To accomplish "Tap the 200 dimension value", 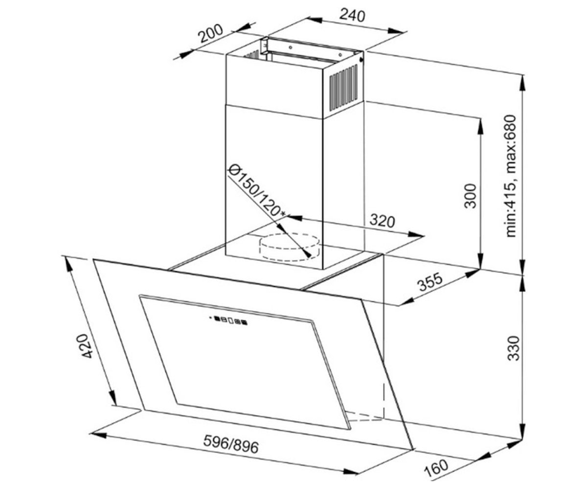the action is point(210,33).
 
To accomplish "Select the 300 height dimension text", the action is point(470,196).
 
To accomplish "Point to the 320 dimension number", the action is point(382,221).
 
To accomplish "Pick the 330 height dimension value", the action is point(514,348).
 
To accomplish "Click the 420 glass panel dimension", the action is point(87,346).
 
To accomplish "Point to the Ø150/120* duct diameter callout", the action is point(256,191).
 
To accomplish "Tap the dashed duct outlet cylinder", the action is point(289,247).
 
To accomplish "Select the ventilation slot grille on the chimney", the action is point(343,88).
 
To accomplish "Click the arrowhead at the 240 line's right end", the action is point(396,31).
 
